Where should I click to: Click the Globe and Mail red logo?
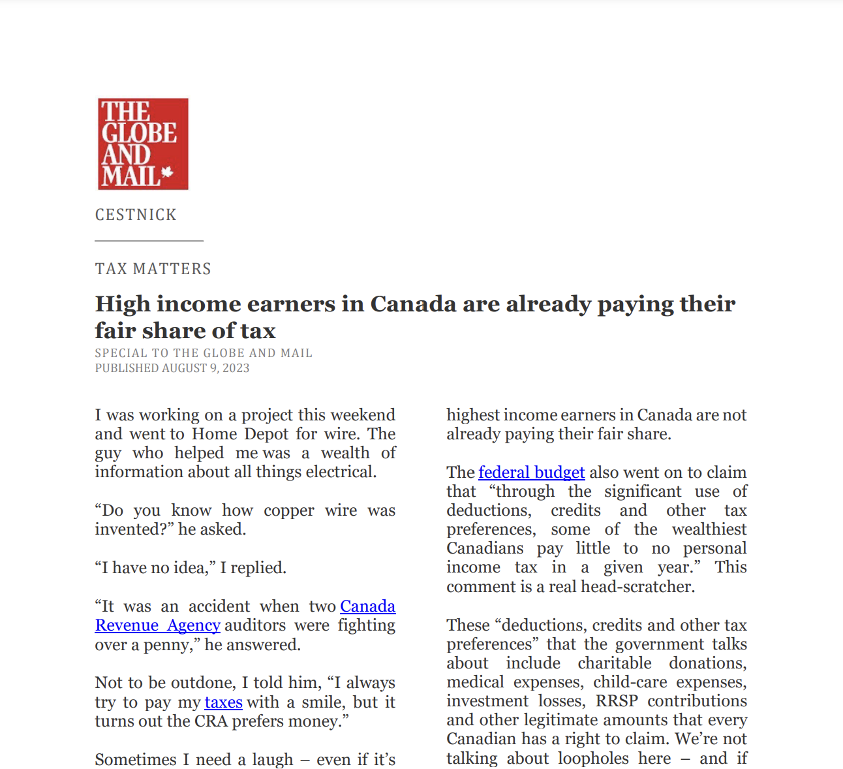tap(143, 144)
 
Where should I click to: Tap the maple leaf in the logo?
tap(166, 173)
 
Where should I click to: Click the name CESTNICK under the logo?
tap(136, 215)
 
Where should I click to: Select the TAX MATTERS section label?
tap(153, 269)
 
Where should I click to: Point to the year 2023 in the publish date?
tap(236, 368)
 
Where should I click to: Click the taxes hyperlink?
tap(223, 702)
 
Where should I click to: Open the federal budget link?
tap(531, 473)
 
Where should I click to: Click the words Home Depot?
tap(240, 434)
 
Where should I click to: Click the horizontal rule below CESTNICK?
tap(149, 241)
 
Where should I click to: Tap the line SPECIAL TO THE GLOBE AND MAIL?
tap(204, 353)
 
